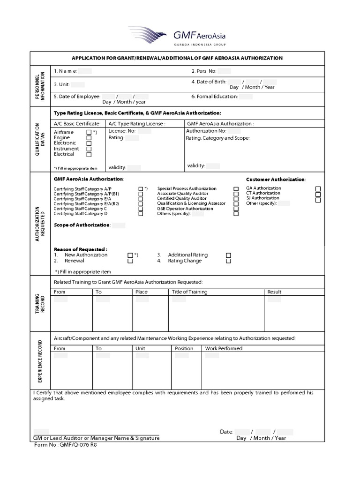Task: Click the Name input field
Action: (x=85, y=71)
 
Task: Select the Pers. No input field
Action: (x=224, y=71)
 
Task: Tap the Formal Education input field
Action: (x=246, y=97)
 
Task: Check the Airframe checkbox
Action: (x=89, y=133)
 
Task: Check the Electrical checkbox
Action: (x=89, y=154)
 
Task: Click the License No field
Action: (x=144, y=132)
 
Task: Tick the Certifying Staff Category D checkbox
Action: (x=141, y=214)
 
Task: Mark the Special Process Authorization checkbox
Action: (x=236, y=188)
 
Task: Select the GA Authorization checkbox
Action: (x=318, y=188)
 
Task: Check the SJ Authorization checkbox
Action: (x=318, y=199)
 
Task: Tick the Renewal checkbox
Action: (x=130, y=261)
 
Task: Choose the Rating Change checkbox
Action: (x=229, y=261)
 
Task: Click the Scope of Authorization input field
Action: (x=119, y=225)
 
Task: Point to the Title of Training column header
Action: (x=189, y=292)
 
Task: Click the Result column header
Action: (x=274, y=292)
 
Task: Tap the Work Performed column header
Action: (x=224, y=348)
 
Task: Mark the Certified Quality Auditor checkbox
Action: (x=236, y=199)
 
